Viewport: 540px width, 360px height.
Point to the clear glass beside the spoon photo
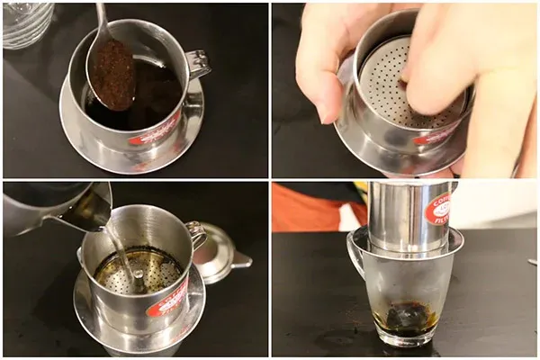pos(27,22)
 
